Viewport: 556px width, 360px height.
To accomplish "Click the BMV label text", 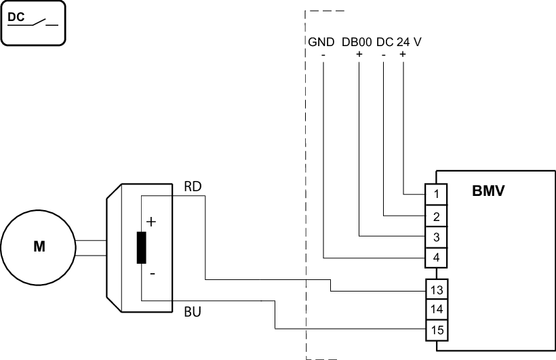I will [488, 191].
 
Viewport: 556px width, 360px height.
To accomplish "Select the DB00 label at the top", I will [357, 42].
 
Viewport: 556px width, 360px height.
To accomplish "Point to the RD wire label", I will [193, 186].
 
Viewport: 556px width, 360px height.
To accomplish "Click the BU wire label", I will [193, 313].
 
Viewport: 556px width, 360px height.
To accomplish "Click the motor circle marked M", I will [39, 247].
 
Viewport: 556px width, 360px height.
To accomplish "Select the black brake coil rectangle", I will [141, 247].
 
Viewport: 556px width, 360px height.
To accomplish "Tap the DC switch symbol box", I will [34, 23].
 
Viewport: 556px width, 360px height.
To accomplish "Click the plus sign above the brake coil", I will [151, 222].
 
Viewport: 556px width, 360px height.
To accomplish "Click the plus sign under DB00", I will [359, 54].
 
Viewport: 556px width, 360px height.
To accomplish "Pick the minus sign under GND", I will [323, 54].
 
